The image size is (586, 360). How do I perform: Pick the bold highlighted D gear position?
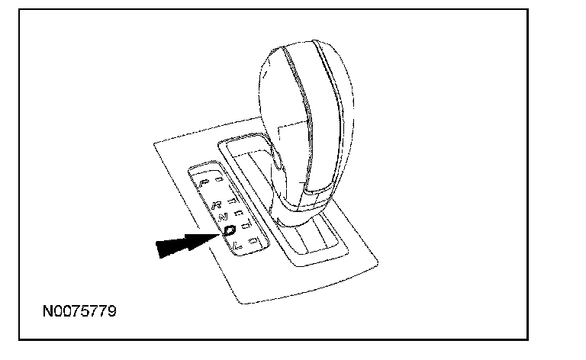[229, 229]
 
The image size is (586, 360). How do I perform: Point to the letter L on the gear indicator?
[237, 243]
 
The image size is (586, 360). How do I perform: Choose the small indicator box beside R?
[232, 201]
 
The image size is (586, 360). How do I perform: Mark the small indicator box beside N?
[239, 214]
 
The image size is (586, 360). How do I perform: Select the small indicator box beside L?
[253, 240]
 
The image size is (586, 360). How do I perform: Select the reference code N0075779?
[79, 312]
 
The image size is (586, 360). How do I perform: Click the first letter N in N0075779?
[48, 312]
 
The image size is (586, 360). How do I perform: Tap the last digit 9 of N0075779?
[112, 312]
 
